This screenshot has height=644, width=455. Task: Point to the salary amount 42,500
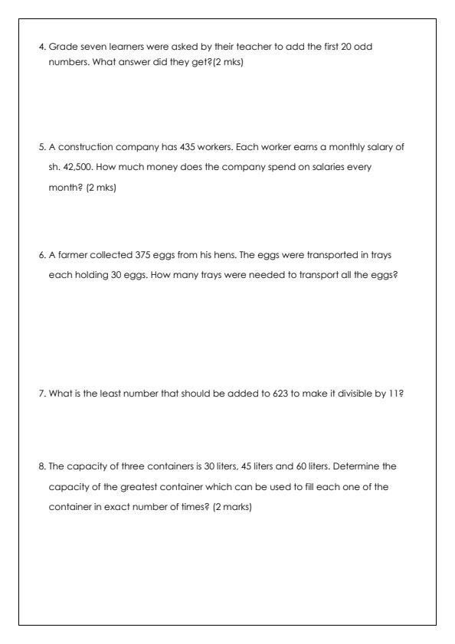[x=78, y=167]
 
